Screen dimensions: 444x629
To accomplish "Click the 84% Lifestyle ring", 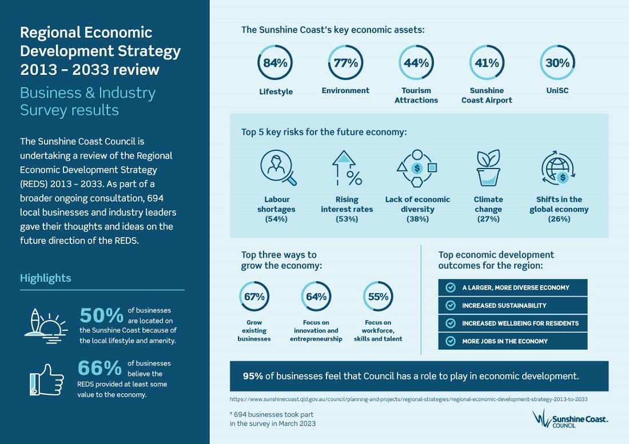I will click(x=275, y=63).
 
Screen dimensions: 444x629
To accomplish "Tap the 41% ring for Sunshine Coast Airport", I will click(x=487, y=63).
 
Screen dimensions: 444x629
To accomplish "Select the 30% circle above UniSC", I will click(x=558, y=63).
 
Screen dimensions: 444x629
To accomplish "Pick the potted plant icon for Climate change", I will click(x=488, y=167).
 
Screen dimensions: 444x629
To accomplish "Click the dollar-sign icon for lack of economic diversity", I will click(x=417, y=168).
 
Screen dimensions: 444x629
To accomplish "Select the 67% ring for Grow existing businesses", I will click(x=254, y=297).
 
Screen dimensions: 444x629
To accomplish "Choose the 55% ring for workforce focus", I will click(x=378, y=297).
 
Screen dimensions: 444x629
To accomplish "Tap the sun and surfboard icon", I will click(x=46, y=323).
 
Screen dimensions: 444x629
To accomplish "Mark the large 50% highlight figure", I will click(x=101, y=316).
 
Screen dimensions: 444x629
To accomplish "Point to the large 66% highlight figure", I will click(x=99, y=367).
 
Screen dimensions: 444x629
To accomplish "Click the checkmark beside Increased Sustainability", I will click(x=451, y=306).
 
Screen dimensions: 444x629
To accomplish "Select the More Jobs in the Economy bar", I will click(x=512, y=341).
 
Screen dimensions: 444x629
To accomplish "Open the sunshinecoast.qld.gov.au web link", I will click(x=408, y=399).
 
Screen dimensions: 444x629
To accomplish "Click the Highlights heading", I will click(x=46, y=278).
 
